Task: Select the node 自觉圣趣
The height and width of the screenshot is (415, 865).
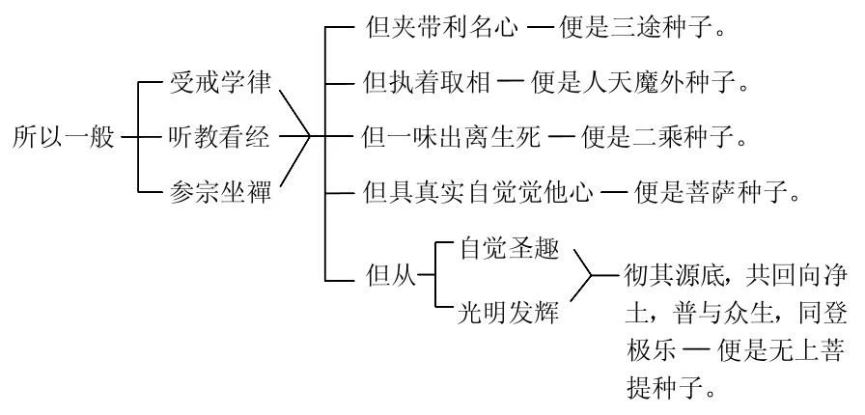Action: coord(506,250)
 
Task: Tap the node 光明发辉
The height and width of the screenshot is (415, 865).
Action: coord(506,315)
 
